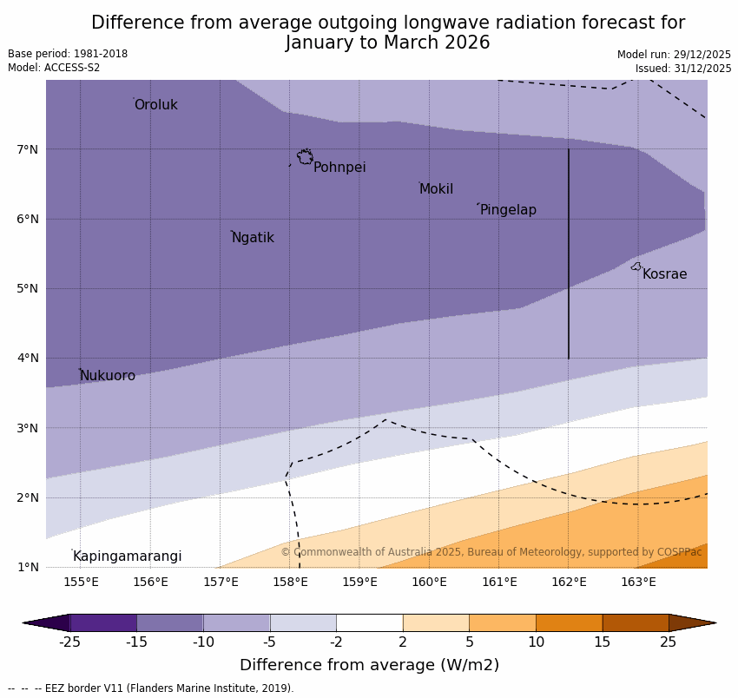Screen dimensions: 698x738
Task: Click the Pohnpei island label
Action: click(x=339, y=168)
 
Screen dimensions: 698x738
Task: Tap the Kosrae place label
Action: click(x=664, y=274)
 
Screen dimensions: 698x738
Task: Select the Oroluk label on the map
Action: click(x=155, y=105)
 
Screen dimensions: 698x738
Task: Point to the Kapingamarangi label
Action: click(x=127, y=556)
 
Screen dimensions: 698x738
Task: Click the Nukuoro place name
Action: click(x=108, y=376)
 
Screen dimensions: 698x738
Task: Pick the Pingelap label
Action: click(x=508, y=210)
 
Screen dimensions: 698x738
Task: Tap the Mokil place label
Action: click(x=436, y=189)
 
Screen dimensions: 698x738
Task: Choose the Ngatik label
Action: click(x=253, y=238)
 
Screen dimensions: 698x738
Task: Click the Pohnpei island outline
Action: click(x=305, y=157)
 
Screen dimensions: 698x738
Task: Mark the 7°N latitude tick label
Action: click(x=28, y=149)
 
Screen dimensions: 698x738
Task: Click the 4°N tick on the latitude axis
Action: click(x=28, y=358)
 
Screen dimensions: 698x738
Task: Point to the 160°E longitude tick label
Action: click(x=429, y=582)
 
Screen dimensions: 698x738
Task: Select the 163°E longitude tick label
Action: click(x=638, y=582)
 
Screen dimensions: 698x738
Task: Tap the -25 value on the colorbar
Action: click(x=69, y=642)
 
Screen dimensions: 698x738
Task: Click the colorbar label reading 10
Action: click(x=536, y=642)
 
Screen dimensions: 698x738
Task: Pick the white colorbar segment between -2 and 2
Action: click(x=369, y=622)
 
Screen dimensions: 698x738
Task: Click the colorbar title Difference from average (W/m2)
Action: click(x=369, y=666)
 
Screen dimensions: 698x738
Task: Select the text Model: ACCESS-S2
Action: click(x=54, y=68)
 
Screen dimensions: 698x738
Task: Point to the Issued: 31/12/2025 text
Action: click(x=682, y=69)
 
